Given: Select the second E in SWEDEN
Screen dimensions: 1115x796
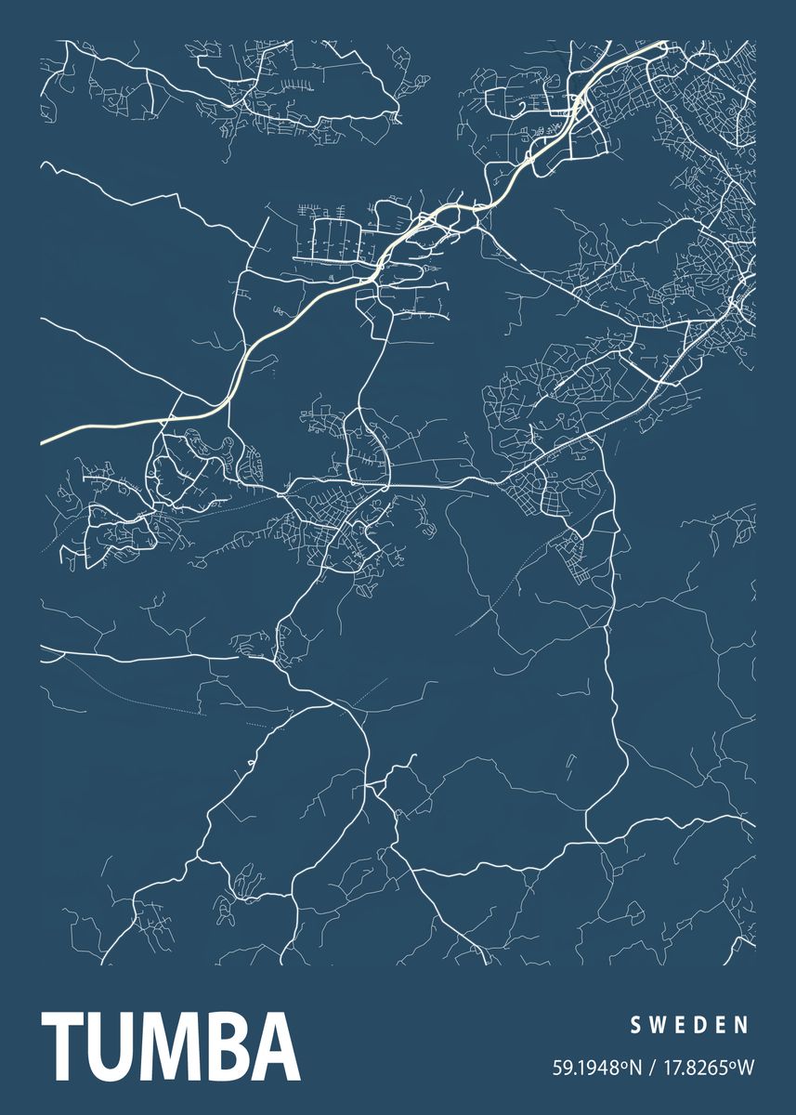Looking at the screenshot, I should coord(721,1025).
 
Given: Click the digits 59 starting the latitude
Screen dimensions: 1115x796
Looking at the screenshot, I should coord(561,1068).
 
